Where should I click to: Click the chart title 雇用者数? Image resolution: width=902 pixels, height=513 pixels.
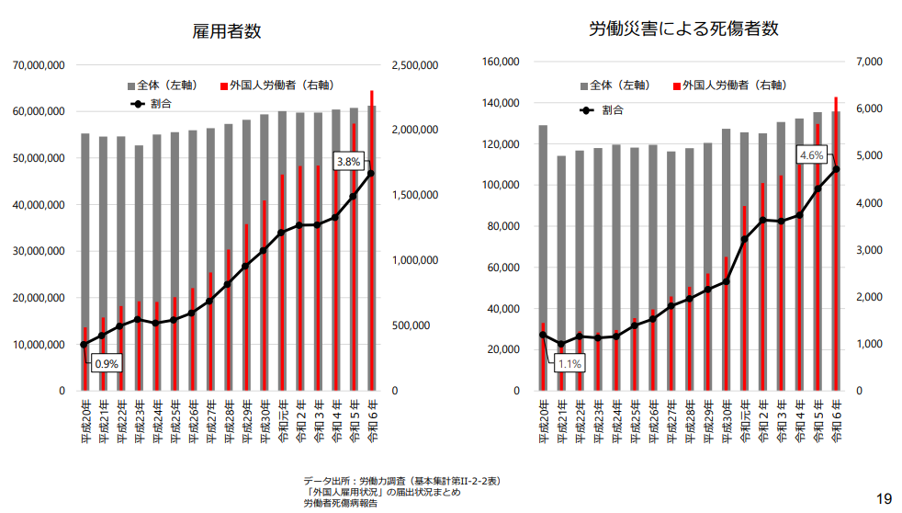click(x=226, y=31)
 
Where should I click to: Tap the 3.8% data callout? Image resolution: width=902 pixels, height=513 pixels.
click(x=348, y=162)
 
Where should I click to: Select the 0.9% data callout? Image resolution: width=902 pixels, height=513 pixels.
click(x=107, y=363)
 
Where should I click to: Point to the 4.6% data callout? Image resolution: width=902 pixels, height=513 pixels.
click(x=811, y=155)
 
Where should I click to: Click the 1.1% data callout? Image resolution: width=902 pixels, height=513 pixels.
click(x=569, y=364)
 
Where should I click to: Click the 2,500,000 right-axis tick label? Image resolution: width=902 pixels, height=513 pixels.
click(x=415, y=66)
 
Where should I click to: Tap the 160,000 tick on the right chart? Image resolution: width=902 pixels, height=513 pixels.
click(x=502, y=62)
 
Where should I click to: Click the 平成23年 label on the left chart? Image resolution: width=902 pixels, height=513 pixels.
click(x=139, y=424)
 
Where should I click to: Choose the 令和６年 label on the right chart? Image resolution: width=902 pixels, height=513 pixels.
click(x=836, y=424)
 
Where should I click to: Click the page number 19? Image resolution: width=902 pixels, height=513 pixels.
click(x=884, y=499)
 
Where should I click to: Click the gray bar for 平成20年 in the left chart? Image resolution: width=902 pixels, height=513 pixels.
click(x=85, y=230)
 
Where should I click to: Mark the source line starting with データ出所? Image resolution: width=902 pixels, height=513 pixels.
click(x=401, y=481)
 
